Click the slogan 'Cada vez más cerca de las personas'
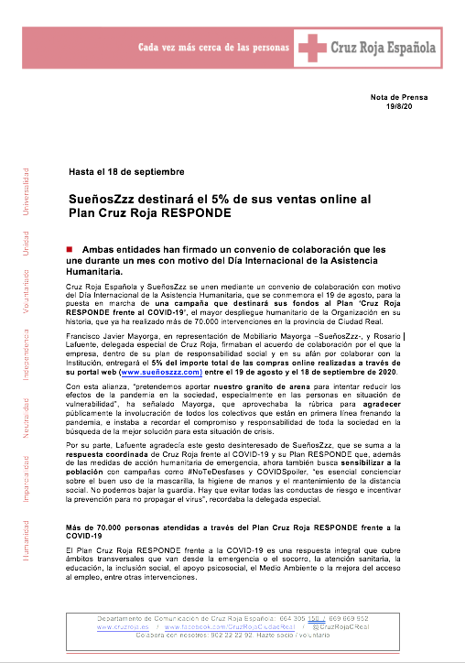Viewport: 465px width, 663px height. pos(212,47)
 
